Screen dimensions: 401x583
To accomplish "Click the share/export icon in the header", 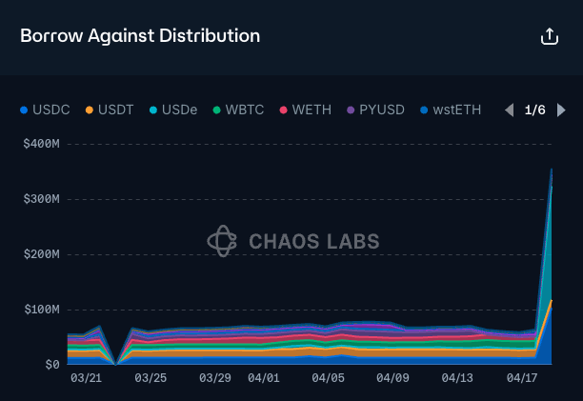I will coord(549,36).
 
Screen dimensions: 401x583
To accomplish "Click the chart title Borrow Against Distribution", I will coord(140,36).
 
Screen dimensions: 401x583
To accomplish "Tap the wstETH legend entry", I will coord(453,110).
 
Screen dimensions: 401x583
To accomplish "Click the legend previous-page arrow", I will coord(509,110).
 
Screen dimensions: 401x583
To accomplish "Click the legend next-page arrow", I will coord(562,110).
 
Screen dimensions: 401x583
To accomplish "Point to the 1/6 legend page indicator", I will coord(535,110).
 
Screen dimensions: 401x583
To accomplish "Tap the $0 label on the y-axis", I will coord(50,365).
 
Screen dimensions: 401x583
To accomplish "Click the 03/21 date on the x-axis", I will coord(87,378).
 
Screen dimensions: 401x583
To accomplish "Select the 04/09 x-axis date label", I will coord(392,378).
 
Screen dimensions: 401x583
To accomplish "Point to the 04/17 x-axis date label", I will coord(522,378).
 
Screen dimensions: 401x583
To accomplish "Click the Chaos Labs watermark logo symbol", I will coord(222,241).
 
